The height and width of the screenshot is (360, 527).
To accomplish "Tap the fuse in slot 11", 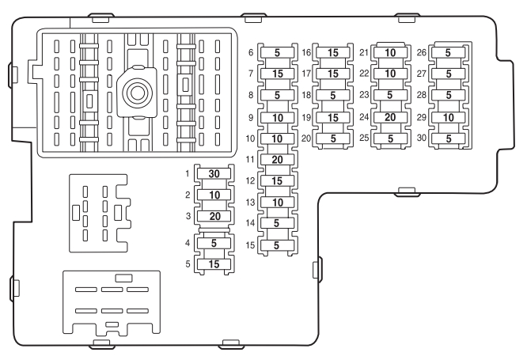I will coord(276,160).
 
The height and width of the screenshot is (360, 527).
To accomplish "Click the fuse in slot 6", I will coord(276,53).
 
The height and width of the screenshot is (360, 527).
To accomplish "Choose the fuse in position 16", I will coord(332,53).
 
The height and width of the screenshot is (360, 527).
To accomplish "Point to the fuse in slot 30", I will coord(449,138).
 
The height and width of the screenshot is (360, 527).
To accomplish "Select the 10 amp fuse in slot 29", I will coord(449,117).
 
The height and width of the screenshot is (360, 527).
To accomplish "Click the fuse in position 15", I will coord(276,245).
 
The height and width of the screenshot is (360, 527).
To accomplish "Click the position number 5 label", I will coord(188,264).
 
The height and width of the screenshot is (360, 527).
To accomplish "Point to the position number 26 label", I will coord(422,53).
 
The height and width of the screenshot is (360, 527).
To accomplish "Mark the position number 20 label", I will coord(306,138).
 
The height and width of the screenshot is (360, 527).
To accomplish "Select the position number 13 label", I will coord(249,203).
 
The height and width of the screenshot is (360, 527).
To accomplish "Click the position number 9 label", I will coord(251,117).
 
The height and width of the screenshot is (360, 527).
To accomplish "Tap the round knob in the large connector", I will coord(136,93).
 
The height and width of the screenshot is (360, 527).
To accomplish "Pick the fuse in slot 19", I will coord(332,117).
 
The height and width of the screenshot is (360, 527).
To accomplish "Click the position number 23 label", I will coord(364,96).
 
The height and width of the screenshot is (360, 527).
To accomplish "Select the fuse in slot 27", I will coord(449,74).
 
